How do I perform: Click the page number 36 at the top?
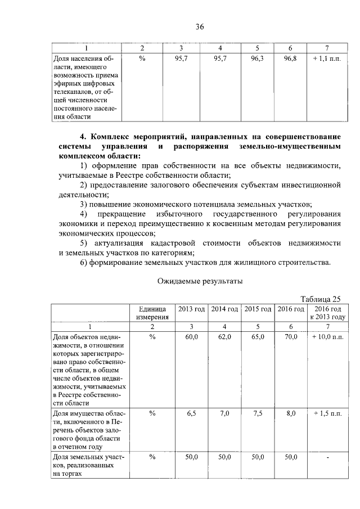pos(200,27)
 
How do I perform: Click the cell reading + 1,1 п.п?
pos(327,58)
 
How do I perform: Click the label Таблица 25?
pos(321,299)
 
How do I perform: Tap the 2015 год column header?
pos(258,309)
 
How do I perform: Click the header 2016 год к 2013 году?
pos(327,313)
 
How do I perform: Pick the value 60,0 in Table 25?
pos(192,336)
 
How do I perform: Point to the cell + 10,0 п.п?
pos(327,336)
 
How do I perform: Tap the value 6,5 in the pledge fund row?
pos(192,413)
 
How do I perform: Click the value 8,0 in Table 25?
pos(291,413)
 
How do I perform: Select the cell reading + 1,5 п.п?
pos(327,413)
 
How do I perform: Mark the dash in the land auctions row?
pos(327,458)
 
